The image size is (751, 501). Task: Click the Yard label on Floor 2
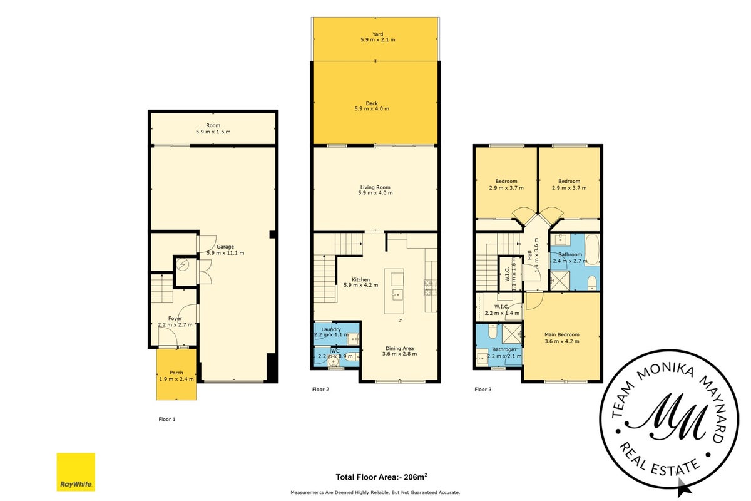tap(377, 34)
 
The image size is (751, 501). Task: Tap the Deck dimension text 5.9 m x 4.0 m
tap(372, 109)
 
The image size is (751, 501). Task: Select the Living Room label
tap(375, 187)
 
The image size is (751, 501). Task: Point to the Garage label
tap(225, 247)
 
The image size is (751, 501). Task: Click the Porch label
tap(176, 373)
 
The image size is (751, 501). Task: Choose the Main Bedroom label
tap(562, 334)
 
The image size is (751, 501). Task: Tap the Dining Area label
tap(399, 348)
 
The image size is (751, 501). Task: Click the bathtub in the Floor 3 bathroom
tap(592, 250)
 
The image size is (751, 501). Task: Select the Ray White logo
tap(76, 472)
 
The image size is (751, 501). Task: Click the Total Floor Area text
tap(382, 477)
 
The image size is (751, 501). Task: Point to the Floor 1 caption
tap(167, 419)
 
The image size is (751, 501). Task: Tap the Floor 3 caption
tap(483, 390)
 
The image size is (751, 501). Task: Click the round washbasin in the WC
tap(333, 362)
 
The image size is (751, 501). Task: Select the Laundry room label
tap(331, 329)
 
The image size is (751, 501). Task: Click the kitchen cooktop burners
tap(431, 288)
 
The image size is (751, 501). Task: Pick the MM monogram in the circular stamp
tap(665, 417)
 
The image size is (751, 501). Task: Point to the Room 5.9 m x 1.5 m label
tap(213, 128)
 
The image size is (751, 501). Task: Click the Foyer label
tap(175, 319)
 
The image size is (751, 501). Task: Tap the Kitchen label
tap(360, 279)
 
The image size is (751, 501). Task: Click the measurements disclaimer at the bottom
tap(375, 493)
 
